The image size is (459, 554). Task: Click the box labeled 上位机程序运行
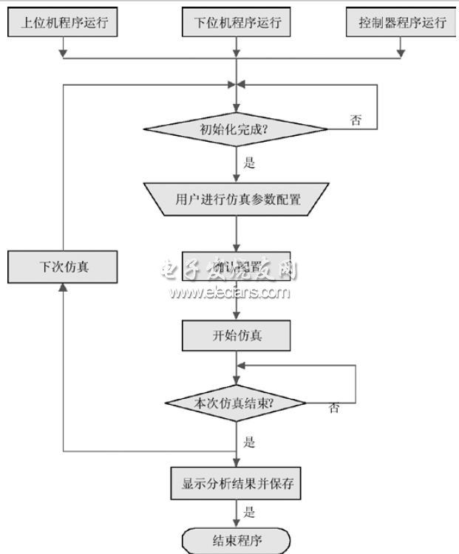click(63, 22)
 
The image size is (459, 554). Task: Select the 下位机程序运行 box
click(236, 22)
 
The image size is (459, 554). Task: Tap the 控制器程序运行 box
click(402, 22)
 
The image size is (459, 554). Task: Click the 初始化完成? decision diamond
click(236, 130)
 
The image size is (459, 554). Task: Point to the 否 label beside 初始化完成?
click(356, 120)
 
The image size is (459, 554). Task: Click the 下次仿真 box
click(63, 266)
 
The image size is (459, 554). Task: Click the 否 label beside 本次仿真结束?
click(334, 408)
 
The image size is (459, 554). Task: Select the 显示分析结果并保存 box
click(237, 485)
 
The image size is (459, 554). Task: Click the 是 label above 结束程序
click(249, 512)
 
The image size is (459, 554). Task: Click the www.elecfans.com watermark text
click(229, 293)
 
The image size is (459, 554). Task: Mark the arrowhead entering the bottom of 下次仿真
click(64, 287)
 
